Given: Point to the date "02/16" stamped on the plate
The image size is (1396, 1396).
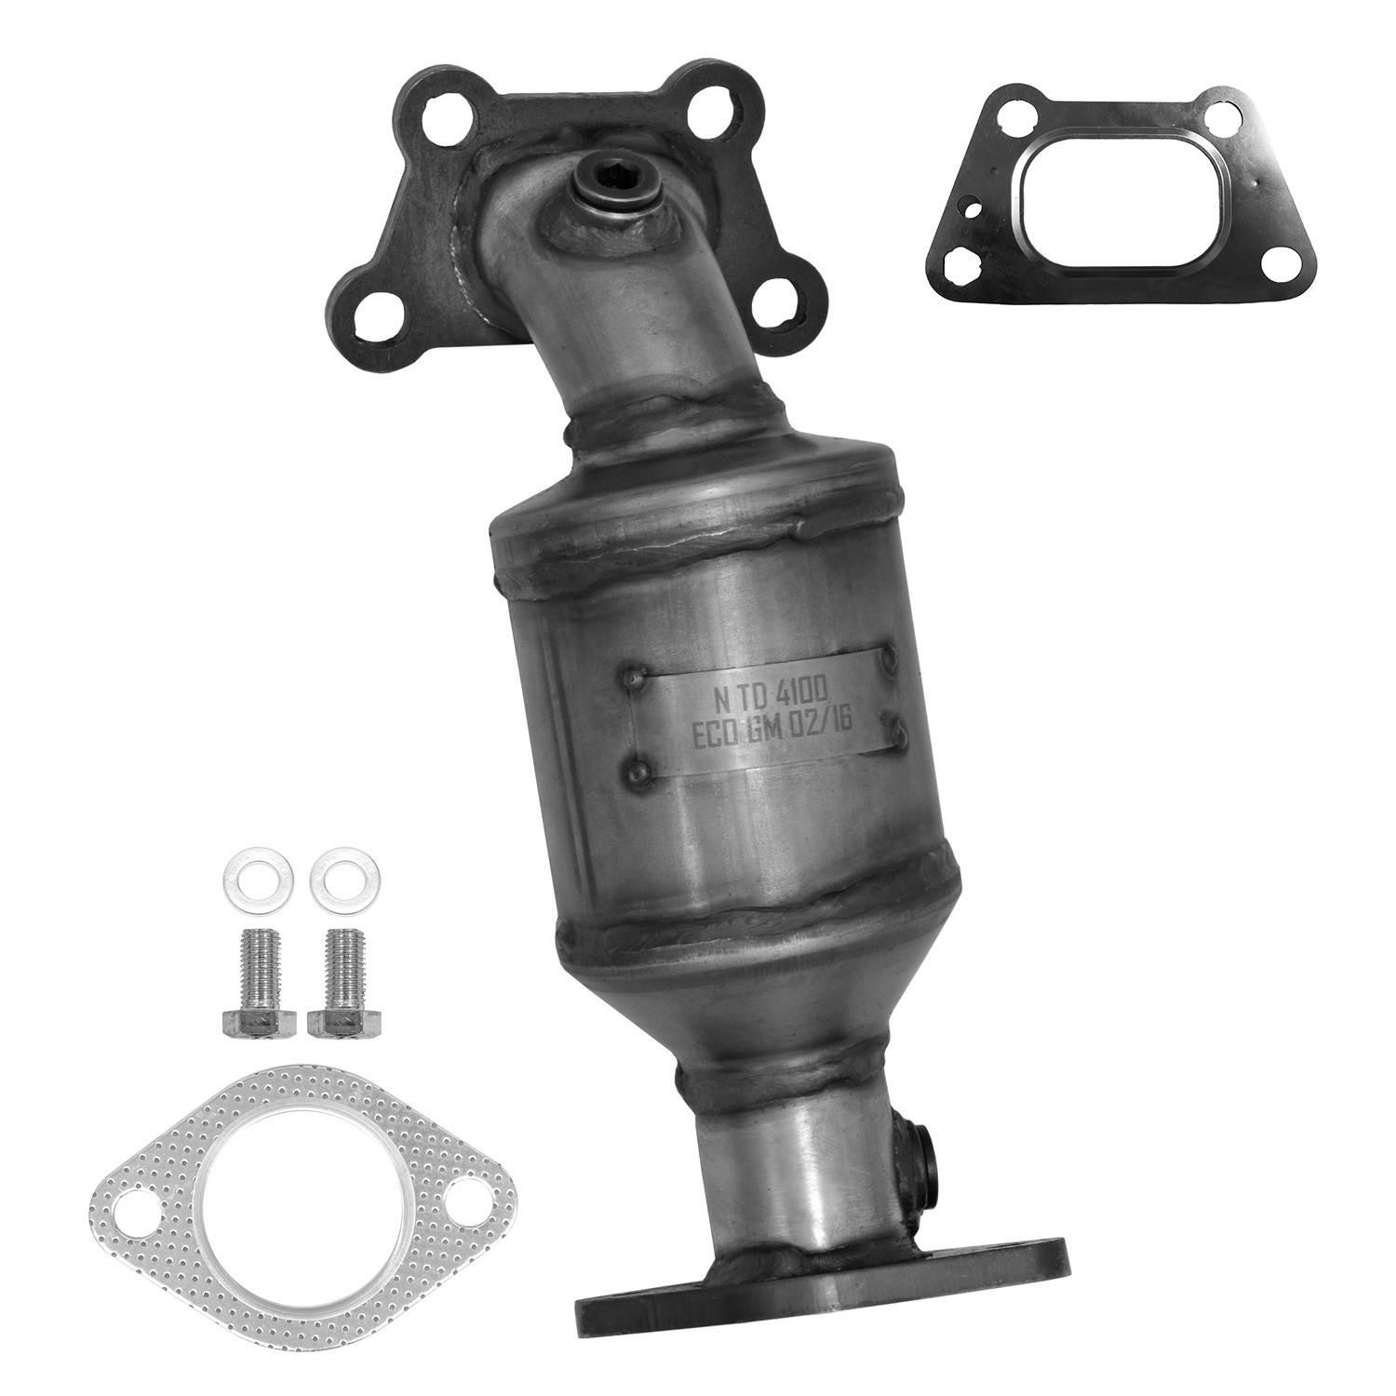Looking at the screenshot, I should [x=835, y=728].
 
